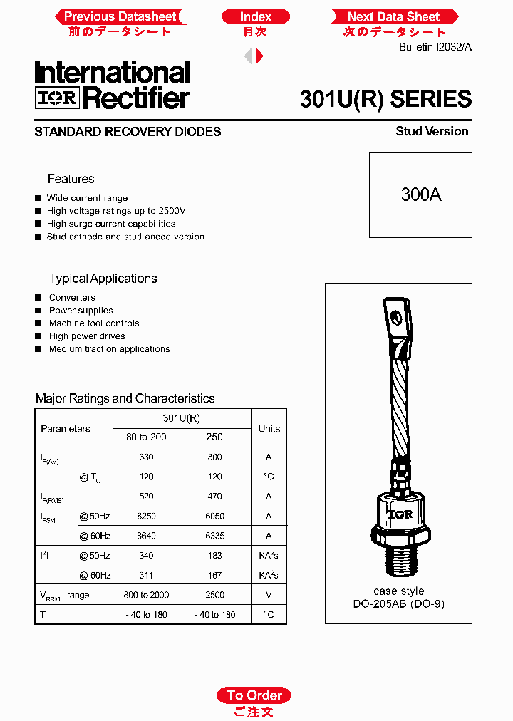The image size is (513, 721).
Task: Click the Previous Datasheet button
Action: click(x=120, y=16)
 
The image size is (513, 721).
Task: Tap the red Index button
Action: click(x=256, y=16)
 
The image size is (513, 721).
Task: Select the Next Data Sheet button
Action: click(x=393, y=16)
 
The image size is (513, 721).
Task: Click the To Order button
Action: click(x=254, y=695)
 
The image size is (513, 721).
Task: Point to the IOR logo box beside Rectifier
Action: click(x=57, y=98)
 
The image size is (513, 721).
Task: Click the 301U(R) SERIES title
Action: click(x=385, y=99)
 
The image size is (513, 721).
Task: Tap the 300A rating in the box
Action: click(x=420, y=194)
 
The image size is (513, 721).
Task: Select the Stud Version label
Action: click(x=432, y=131)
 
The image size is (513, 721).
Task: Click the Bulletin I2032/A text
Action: click(x=435, y=47)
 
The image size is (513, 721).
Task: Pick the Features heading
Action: click(x=71, y=179)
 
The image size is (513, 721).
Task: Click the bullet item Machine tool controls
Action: click(x=93, y=323)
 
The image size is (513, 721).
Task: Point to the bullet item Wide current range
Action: click(x=87, y=198)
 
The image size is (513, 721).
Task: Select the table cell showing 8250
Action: click(x=146, y=516)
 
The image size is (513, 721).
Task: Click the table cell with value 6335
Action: click(x=214, y=536)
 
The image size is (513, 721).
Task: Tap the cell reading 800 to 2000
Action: click(x=146, y=595)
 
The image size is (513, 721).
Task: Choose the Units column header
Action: click(x=269, y=428)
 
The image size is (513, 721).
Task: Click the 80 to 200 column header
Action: click(x=146, y=437)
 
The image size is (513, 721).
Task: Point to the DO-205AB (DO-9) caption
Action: click(x=398, y=604)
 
